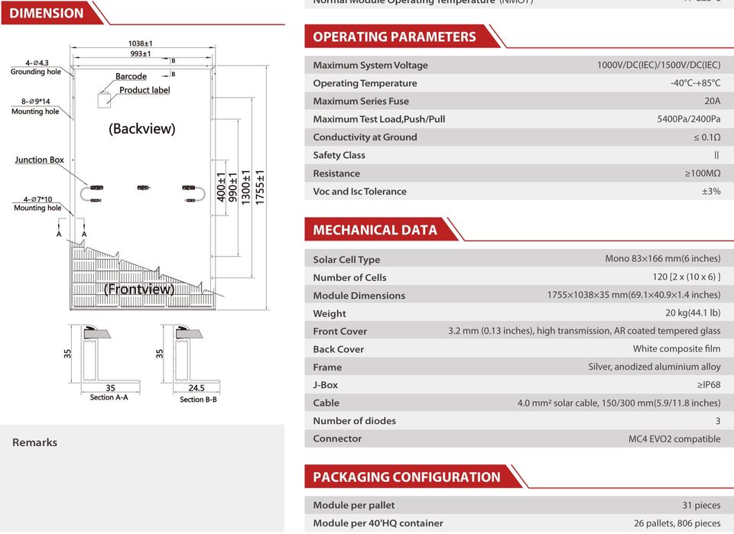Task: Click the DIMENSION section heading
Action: click(47, 13)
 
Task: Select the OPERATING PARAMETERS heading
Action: click(394, 37)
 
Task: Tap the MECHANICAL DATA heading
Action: click(375, 230)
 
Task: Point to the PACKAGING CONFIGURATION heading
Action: click(406, 477)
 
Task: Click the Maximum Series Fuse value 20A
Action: click(712, 101)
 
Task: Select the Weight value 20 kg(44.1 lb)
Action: click(693, 313)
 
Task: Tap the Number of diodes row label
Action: click(354, 421)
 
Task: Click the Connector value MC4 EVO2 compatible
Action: click(674, 439)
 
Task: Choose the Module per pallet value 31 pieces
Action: click(701, 505)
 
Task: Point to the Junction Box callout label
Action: click(40, 160)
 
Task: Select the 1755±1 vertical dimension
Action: click(260, 186)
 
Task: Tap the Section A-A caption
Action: click(109, 397)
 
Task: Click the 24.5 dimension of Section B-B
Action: click(197, 388)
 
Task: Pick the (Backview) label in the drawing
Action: click(141, 128)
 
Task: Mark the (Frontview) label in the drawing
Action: click(138, 290)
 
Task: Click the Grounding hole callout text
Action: click(35, 72)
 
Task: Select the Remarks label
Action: click(34, 442)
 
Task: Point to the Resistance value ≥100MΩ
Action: click(702, 173)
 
